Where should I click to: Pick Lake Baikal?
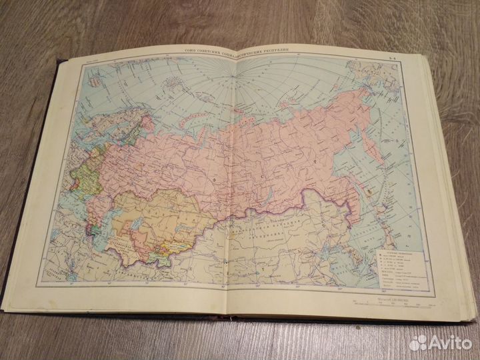267,209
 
